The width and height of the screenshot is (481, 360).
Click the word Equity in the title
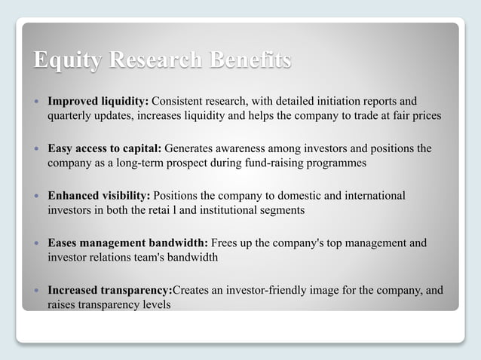(63, 60)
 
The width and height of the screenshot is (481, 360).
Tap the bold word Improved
(72, 101)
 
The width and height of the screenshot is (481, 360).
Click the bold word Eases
(63, 243)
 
